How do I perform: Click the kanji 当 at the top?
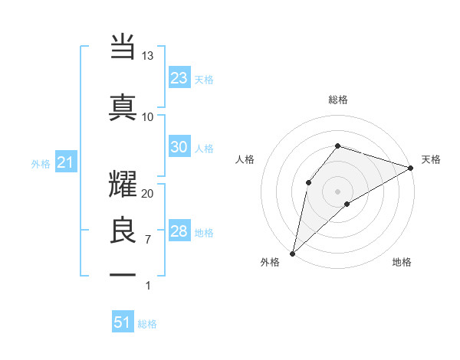123,48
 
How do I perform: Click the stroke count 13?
148,56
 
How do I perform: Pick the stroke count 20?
148,193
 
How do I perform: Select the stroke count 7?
148,240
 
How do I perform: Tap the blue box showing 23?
179,78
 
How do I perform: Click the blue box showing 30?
179,148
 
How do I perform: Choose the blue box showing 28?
179,232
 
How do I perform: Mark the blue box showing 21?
65,162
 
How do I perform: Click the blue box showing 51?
123,322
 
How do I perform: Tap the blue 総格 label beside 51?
147,324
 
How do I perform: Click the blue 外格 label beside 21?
41,164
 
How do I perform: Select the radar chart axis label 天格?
431,159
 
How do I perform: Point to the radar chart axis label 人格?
245,159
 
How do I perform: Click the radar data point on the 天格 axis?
410,168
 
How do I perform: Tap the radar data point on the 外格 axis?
292,253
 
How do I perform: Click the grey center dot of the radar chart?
337,190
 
